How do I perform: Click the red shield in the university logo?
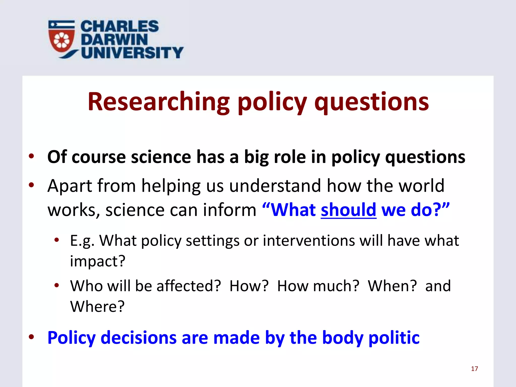click(62, 40)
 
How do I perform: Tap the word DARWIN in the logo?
click(114, 40)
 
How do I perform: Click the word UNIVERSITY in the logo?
click(132, 53)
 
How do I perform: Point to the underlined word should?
click(348, 210)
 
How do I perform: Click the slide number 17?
click(474, 369)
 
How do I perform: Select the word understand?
click(275, 186)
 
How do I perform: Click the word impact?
click(98, 261)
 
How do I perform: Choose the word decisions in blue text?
click(138, 338)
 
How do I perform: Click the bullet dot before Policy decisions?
click(31, 337)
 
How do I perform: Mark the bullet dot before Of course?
click(31, 156)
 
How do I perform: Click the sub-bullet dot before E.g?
click(57, 240)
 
